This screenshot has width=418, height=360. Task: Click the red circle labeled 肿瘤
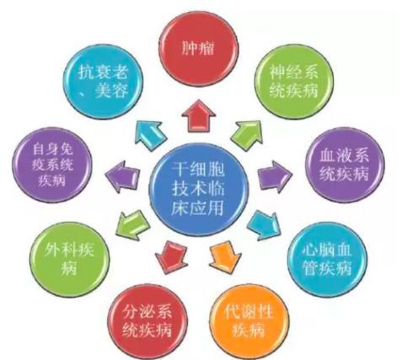[198, 50]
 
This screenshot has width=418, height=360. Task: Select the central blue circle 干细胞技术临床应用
[199, 189]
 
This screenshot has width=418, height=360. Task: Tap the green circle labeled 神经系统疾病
[294, 82]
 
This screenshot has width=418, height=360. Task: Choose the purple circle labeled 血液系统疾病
[345, 165]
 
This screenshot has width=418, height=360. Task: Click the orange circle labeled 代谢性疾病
[249, 321]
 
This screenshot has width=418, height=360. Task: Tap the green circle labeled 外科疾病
[69, 260]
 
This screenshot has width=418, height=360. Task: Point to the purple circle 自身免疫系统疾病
[52, 165]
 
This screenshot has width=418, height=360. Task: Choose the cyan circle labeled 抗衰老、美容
[103, 82]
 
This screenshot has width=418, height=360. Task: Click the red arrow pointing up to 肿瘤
[199, 116]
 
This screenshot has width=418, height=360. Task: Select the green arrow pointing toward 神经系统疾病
[247, 133]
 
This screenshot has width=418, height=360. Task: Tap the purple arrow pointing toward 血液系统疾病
[275, 177]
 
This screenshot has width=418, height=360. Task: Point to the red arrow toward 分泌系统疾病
[171, 257]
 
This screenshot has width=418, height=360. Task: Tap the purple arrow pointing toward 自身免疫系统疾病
[122, 177]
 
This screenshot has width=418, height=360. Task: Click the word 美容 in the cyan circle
[112, 90]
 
